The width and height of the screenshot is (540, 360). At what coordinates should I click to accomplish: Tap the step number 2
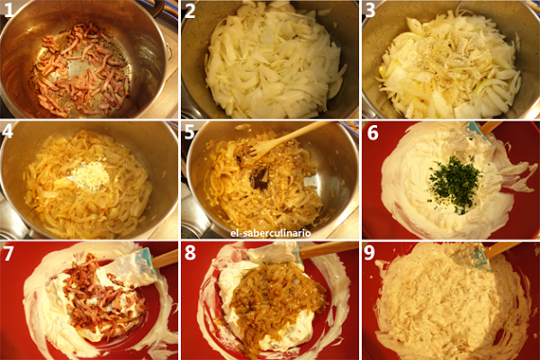(x=191, y=13)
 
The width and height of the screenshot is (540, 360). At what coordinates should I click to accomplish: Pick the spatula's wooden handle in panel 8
(x=328, y=249)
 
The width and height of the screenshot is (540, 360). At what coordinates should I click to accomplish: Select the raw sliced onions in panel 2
(x=270, y=63)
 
